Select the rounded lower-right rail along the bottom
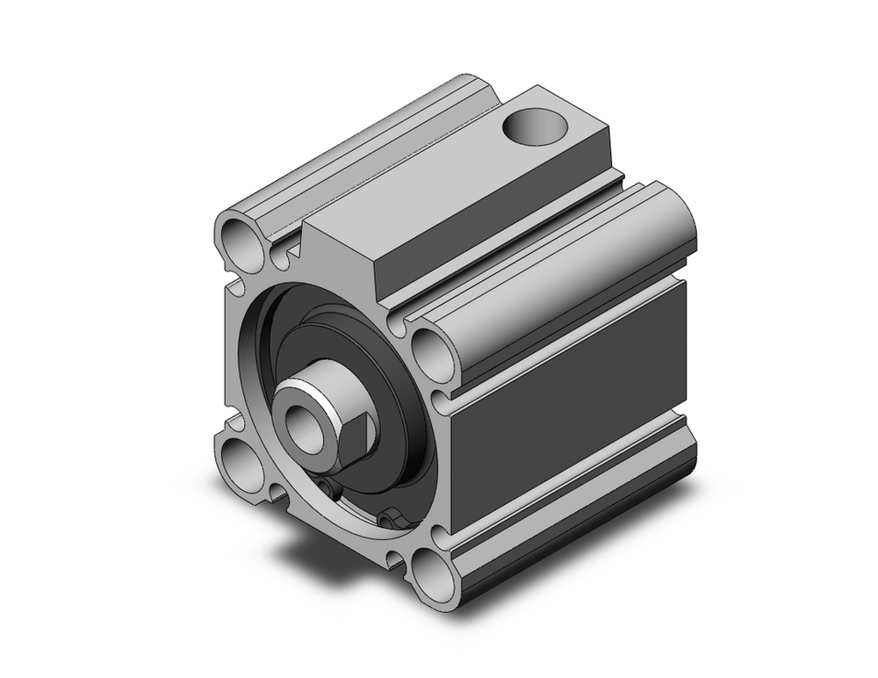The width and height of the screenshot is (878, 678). (571, 527)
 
